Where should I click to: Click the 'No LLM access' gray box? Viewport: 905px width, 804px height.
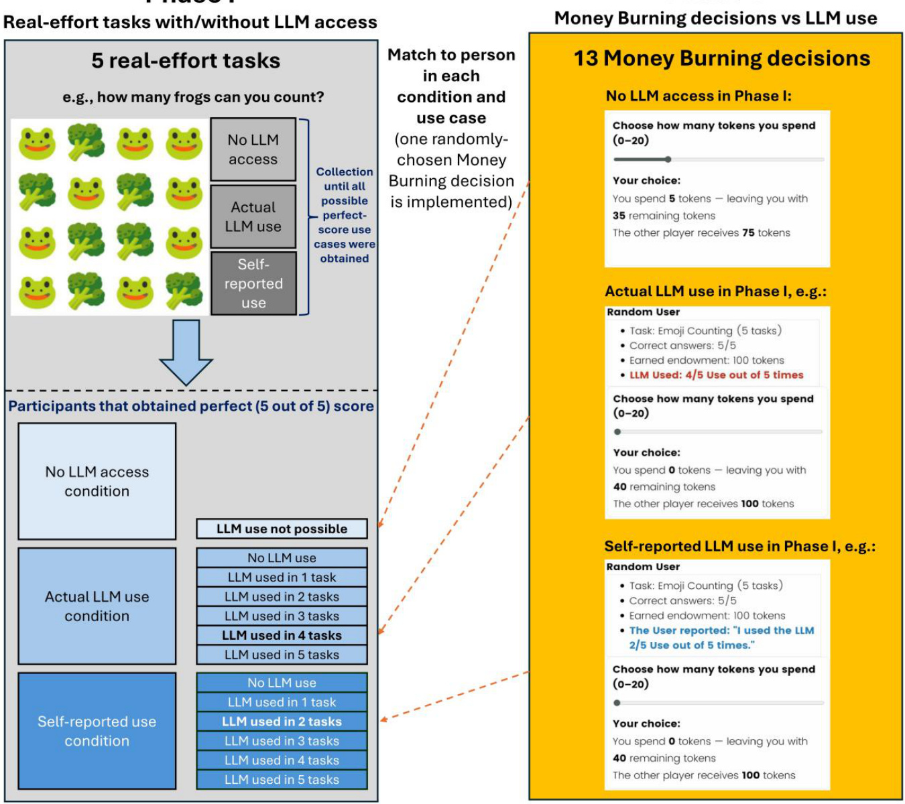click(253, 149)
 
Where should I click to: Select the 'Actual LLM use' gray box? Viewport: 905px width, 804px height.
click(253, 216)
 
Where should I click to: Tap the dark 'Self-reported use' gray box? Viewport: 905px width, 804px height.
click(253, 283)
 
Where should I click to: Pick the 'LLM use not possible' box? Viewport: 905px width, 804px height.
click(282, 529)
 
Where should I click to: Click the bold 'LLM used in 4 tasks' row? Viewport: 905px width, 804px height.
click(282, 635)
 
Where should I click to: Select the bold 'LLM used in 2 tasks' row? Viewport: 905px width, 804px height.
click(282, 722)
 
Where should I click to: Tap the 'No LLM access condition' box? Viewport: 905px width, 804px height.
click(97, 481)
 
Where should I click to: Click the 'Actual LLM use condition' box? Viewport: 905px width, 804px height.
click(97, 606)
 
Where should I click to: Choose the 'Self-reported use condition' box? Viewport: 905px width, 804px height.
click(97, 731)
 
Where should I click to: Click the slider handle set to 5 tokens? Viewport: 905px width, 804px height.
click(668, 159)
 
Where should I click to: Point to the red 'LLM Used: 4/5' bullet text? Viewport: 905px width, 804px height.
click(716, 375)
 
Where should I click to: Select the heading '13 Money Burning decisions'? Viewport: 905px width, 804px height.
click(722, 59)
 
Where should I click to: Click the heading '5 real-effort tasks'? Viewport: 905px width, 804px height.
click(186, 61)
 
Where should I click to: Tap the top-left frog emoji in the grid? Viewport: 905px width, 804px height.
click(37, 142)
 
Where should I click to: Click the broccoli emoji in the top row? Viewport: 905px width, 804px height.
click(86, 142)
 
